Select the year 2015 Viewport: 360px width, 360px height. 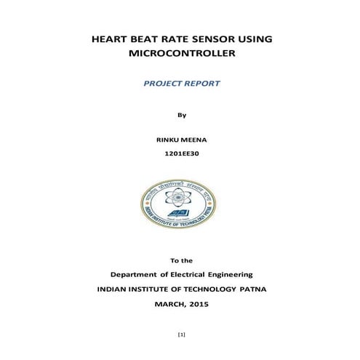pos(199,303)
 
